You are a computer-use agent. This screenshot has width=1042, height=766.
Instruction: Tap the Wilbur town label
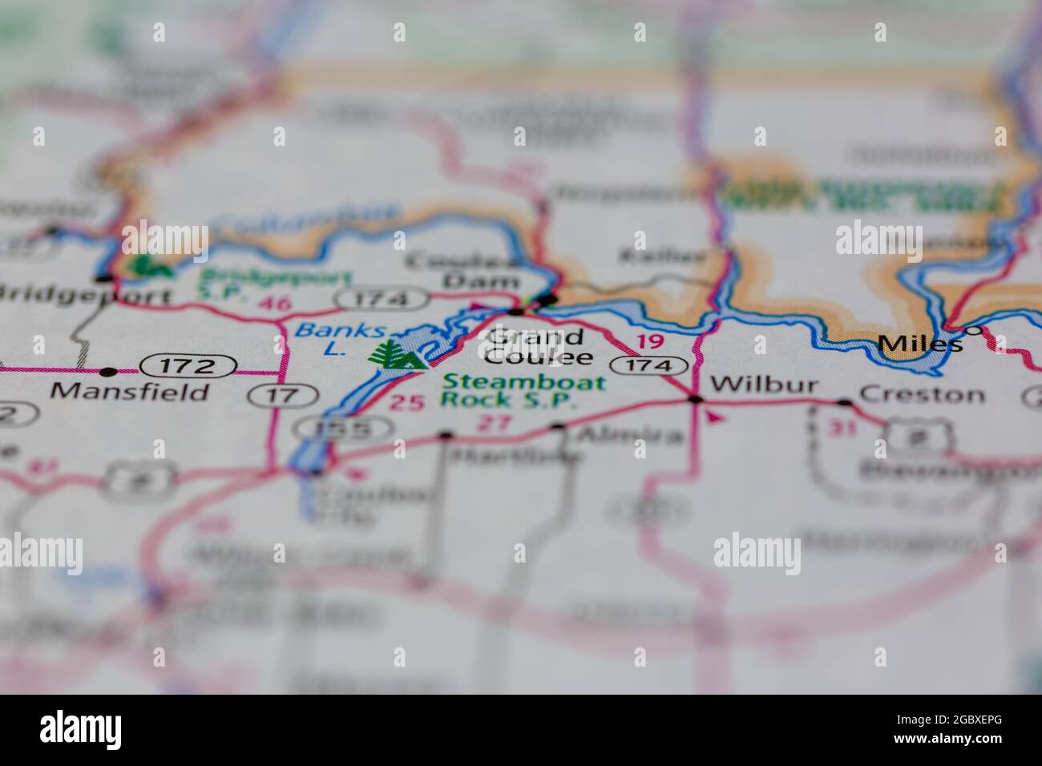764,385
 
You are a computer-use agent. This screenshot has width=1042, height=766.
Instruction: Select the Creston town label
921,394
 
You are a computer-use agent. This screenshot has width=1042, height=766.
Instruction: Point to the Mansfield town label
129,392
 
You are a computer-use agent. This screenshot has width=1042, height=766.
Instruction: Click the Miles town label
919,345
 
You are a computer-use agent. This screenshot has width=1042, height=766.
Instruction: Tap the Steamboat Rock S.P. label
524,390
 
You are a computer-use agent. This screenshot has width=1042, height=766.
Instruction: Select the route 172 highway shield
189,367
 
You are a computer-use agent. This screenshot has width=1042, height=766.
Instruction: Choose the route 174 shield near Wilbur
648,365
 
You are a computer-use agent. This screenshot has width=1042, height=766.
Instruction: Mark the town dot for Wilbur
695,398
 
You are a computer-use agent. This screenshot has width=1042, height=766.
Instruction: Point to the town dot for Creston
844,402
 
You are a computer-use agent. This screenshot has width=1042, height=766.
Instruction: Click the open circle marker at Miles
972,330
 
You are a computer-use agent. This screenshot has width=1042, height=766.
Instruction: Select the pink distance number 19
650,341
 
